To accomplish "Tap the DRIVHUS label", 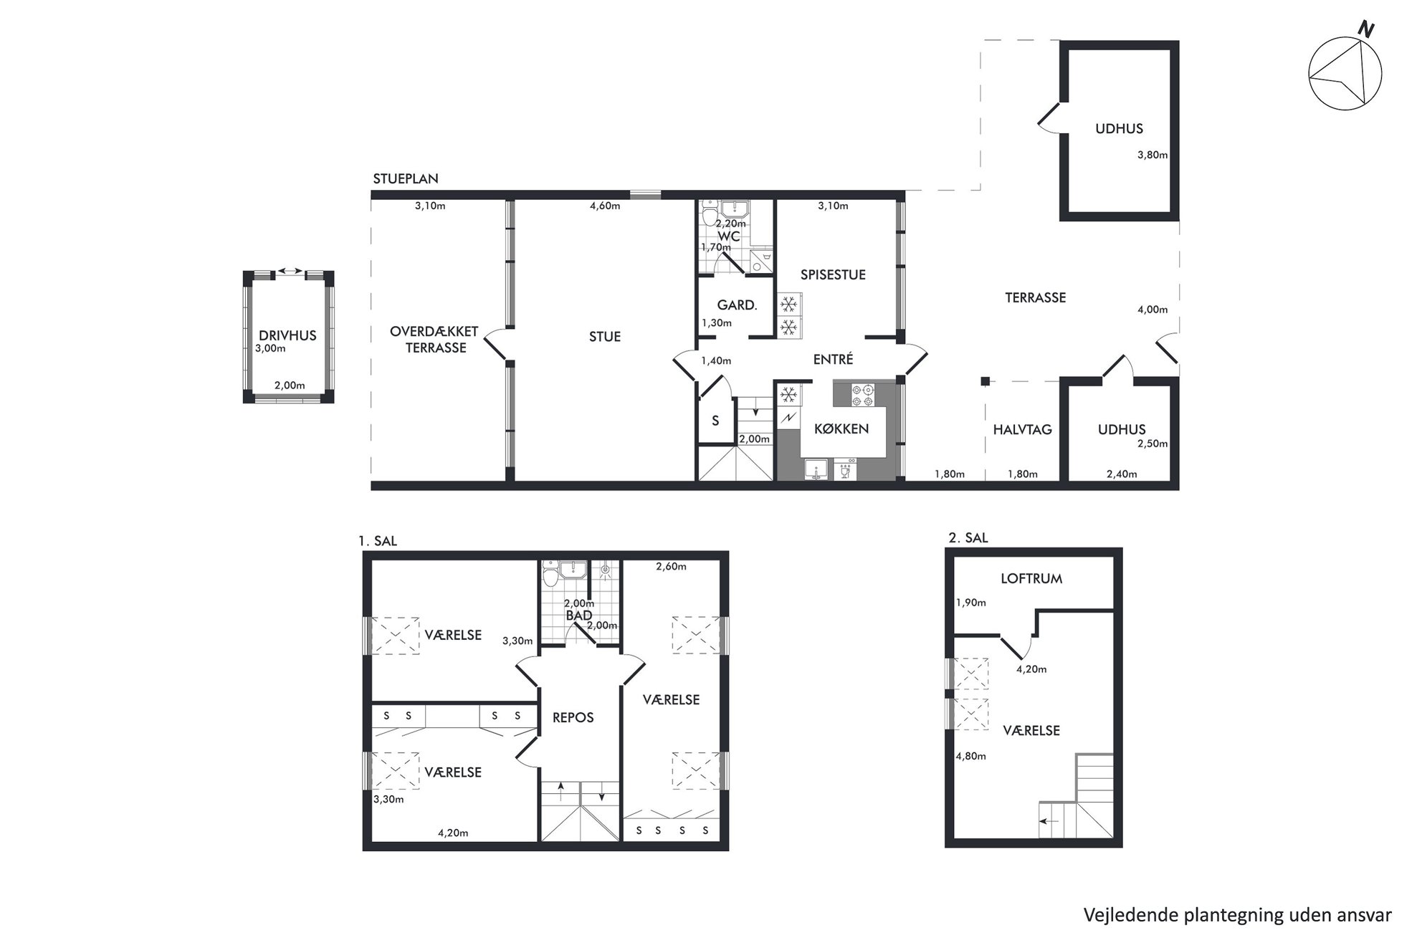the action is point(287,335).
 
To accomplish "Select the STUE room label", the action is point(605,337).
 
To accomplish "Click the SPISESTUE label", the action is point(833,274).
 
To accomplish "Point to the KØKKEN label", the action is point(841,428).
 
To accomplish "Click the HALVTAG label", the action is point(1022,430).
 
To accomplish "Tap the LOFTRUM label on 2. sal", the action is point(1031,578).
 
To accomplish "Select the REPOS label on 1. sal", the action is point(573,717).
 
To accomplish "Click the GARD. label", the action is point(737,305).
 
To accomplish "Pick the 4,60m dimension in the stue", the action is point(605,206).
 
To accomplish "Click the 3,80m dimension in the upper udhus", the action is point(1153,155).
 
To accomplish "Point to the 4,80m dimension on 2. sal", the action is point(970,756).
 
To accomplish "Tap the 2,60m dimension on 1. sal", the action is point(671,567).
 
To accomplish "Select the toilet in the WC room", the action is point(710,214).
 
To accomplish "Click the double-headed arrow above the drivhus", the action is point(290,271).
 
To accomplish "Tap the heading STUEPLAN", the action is point(406,178).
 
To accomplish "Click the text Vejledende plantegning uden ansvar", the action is point(1238,915).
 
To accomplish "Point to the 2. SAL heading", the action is point(968,537).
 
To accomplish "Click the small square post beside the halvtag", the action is point(986,381).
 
